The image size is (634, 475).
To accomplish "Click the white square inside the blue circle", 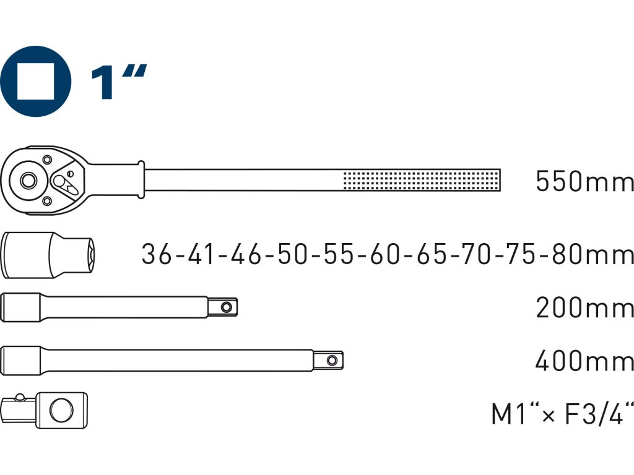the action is pos(35,82).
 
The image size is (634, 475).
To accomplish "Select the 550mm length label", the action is pos(584,181).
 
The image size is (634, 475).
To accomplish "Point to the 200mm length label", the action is pos(584,307).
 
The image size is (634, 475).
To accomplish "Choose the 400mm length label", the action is pos(584,361).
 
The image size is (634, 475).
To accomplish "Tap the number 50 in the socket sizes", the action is pos(292,254).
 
